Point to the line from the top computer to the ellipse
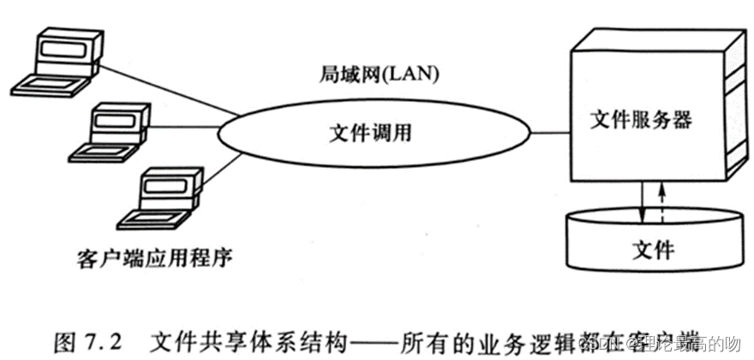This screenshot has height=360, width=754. pyautogui.click(x=163, y=91)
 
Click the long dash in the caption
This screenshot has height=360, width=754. pyautogui.click(x=380, y=340)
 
